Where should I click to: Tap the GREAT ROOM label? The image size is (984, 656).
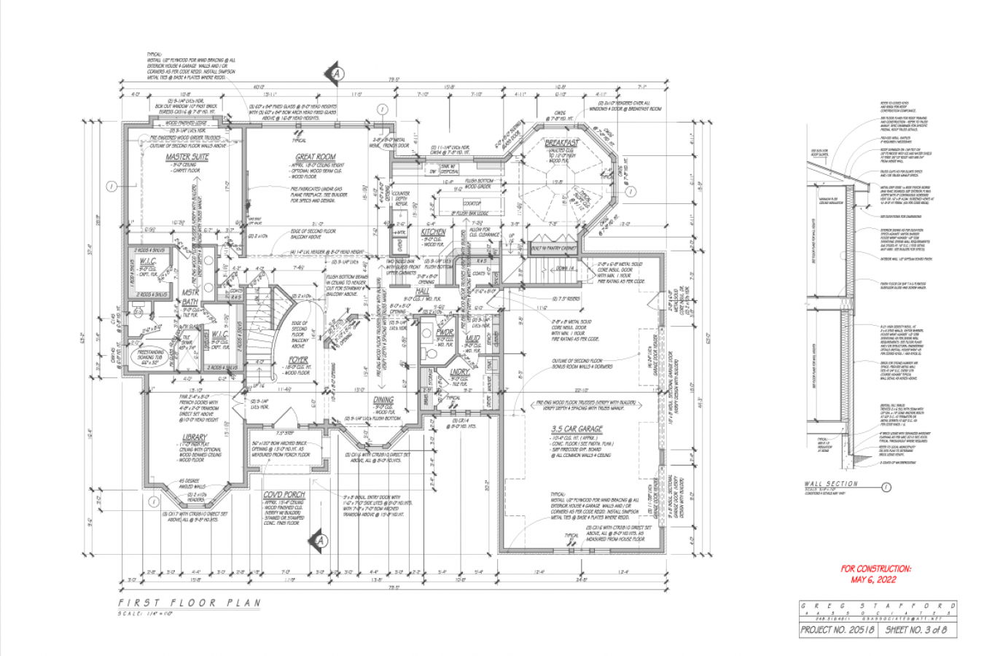[x=315, y=157]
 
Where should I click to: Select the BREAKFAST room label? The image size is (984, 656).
[x=561, y=143]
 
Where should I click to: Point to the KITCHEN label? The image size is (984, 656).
[x=435, y=231]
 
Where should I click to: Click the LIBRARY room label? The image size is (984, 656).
[x=195, y=437]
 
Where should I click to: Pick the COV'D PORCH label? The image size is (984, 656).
[x=284, y=495]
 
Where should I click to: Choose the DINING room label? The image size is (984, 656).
[x=383, y=399]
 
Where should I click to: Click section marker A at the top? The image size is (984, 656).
[x=336, y=74]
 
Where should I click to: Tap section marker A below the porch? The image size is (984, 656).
[x=319, y=540]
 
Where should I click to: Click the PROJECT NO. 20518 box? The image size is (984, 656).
[x=840, y=629]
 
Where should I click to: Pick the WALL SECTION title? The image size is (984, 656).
[x=831, y=484]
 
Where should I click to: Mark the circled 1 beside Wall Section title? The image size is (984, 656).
[x=885, y=488]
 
